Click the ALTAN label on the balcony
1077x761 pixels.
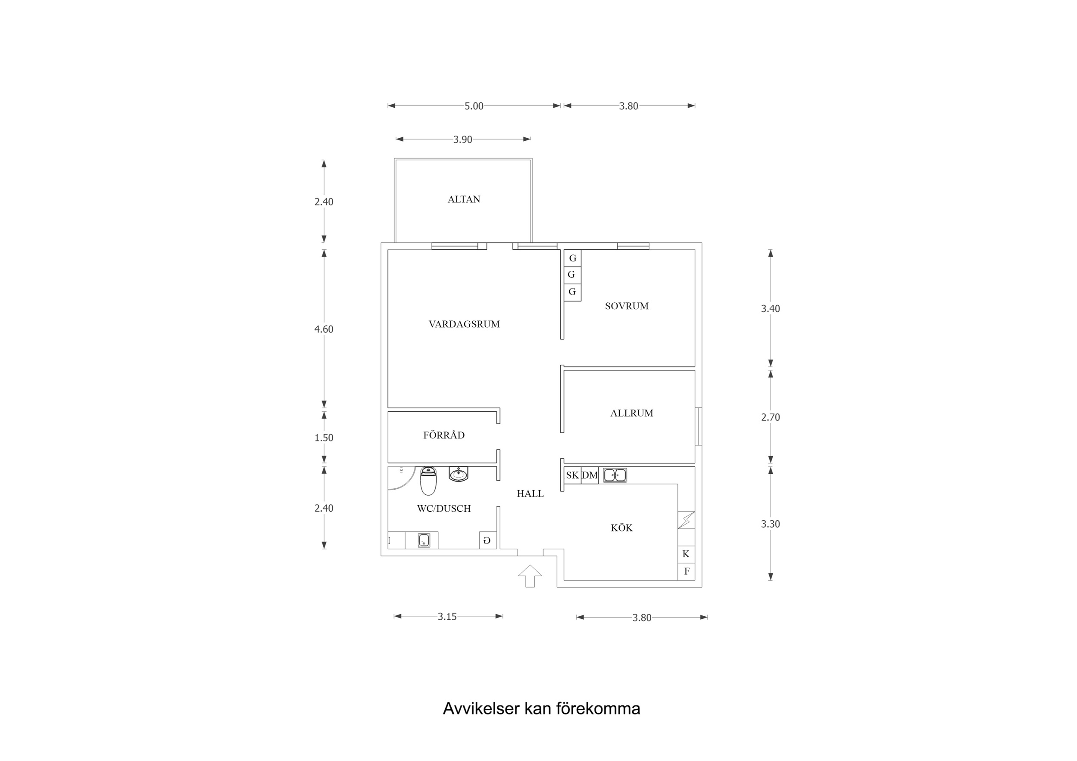click(x=463, y=199)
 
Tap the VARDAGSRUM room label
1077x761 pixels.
click(x=464, y=324)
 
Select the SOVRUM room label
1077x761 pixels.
click(x=627, y=306)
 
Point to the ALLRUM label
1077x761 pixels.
click(x=631, y=413)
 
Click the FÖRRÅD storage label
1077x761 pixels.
click(x=444, y=435)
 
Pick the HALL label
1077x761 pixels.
click(x=530, y=493)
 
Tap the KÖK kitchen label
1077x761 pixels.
click(x=621, y=528)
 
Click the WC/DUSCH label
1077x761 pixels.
click(x=444, y=508)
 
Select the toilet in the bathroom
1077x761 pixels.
click(x=428, y=481)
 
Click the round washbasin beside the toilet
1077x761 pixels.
click(x=458, y=474)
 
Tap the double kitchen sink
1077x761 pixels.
click(x=615, y=475)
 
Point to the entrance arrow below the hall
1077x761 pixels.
click(x=530, y=576)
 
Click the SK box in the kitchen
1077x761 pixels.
click(x=572, y=475)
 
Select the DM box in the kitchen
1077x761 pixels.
click(x=590, y=475)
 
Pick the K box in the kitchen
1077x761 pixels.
click(x=686, y=554)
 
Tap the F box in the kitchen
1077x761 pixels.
click(x=686, y=572)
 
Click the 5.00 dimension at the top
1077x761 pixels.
click(x=474, y=106)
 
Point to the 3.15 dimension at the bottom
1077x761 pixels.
click(x=447, y=617)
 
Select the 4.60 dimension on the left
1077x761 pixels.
click(x=324, y=329)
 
